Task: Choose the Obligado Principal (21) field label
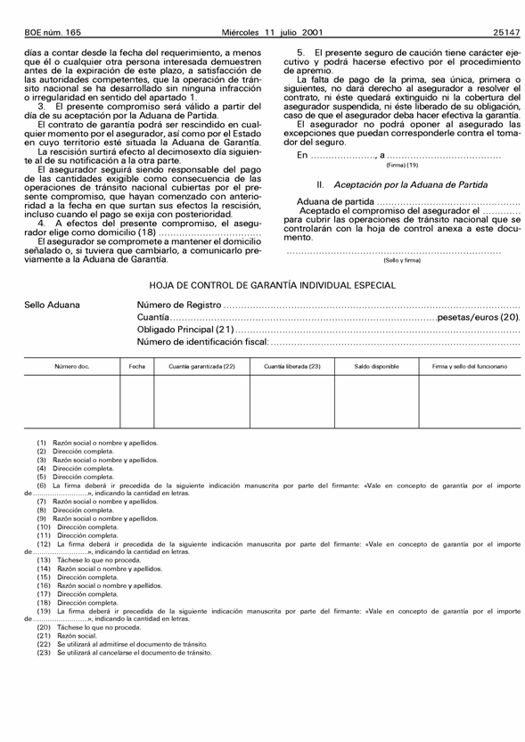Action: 183,330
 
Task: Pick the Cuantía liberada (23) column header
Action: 292,366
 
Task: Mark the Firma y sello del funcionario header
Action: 470,366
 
